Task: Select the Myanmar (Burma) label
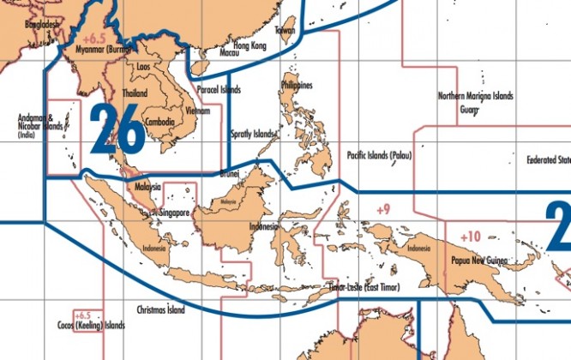101,50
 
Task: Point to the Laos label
145,65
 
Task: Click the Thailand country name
135,93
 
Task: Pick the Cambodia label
160,122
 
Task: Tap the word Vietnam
197,111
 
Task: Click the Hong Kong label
249,45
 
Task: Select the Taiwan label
285,30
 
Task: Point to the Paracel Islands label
218,89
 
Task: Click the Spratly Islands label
253,135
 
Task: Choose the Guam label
469,110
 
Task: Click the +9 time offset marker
382,209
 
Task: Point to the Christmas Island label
160,309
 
